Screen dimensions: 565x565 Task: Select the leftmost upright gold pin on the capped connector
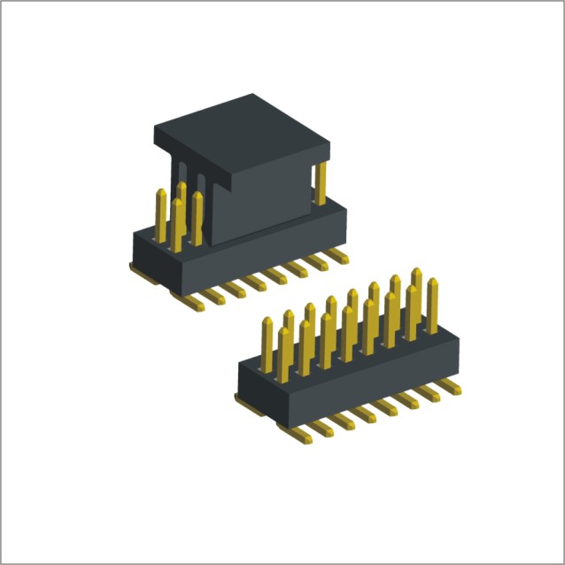pyautogui.click(x=161, y=213)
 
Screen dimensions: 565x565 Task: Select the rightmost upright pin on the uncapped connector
pyautogui.click(x=433, y=306)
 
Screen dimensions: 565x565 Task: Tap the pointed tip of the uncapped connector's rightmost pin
pyautogui.click(x=433, y=282)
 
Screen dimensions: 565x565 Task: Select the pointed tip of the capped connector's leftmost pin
pyautogui.click(x=161, y=191)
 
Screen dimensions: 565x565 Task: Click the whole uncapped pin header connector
pyautogui.click(x=350, y=363)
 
